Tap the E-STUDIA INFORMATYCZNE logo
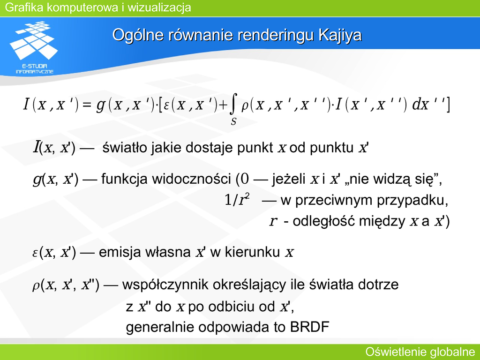(34, 47)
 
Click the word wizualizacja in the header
(159, 7)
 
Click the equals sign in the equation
(87, 105)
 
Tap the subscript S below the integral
(233, 122)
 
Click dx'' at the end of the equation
(428, 105)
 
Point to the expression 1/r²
(237, 200)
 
